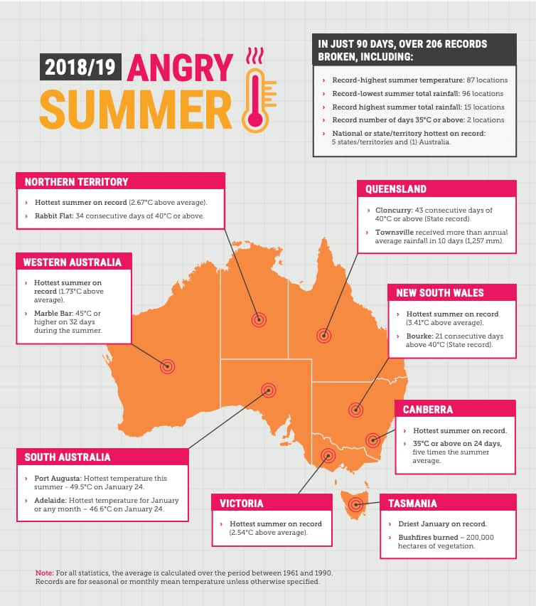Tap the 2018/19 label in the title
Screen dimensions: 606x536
[80, 68]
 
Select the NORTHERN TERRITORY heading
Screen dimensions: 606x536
[76, 182]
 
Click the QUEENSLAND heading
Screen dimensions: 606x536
[396, 189]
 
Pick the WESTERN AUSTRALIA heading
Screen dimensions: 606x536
[72, 262]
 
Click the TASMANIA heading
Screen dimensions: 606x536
[412, 504]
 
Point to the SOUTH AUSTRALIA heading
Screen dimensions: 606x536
[68, 457]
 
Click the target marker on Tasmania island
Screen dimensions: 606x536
[355, 505]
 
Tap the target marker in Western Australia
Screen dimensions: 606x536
[168, 366]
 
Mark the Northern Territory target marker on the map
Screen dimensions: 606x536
[259, 320]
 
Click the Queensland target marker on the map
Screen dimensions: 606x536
[324, 336]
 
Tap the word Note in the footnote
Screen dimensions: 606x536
[43, 573]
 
